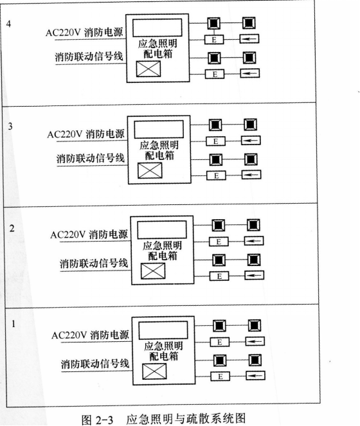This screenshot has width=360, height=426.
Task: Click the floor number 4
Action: click(x=8, y=24)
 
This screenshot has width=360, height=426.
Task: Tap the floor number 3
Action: click(x=10, y=126)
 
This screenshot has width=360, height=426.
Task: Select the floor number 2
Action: click(x=12, y=228)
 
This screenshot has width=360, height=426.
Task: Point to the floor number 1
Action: click(x=13, y=324)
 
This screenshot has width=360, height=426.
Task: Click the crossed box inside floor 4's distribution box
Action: click(x=148, y=69)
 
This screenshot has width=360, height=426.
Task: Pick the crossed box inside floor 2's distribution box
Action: click(x=153, y=271)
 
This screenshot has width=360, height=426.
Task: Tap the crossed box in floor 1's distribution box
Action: click(x=154, y=371)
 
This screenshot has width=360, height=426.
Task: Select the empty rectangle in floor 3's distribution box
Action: click(x=159, y=129)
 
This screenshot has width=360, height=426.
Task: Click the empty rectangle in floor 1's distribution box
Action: click(x=163, y=330)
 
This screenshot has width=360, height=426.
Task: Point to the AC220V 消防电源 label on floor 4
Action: click(x=84, y=33)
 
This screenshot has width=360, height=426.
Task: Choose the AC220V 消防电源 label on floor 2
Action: click(x=89, y=235)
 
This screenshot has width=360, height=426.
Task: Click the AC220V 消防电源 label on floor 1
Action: click(x=90, y=335)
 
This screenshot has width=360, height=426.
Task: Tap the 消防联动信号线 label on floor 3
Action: click(x=91, y=158)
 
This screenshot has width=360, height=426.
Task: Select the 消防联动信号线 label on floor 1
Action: click(x=95, y=364)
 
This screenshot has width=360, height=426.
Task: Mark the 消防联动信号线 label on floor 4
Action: click(x=89, y=57)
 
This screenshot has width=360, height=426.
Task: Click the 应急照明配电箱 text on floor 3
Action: click(x=159, y=150)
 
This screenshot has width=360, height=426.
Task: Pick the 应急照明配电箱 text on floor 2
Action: click(x=163, y=251)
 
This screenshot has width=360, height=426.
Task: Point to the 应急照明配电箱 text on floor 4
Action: click(x=157, y=49)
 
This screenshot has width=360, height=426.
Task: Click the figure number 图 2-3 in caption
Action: click(x=97, y=419)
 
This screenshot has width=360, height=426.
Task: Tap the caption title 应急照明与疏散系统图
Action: click(x=186, y=418)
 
